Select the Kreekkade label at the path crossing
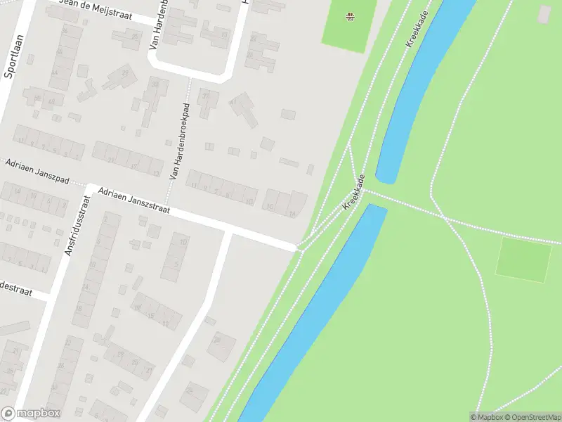coord(355,193)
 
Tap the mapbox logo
coord(31,414)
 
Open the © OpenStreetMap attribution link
coord(531,417)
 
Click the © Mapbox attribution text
coord(487,417)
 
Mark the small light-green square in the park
coord(523,260)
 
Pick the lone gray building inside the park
coord(544,13)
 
